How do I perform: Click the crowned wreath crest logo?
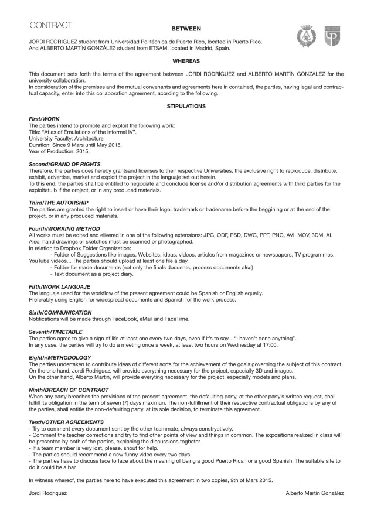[306, 36]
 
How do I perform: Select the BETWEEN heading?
[186, 28]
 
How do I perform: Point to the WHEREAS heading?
[186, 60]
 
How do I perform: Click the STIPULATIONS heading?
[186, 107]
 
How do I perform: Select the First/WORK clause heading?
[44, 119]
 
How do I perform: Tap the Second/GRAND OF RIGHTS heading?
[64, 163]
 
